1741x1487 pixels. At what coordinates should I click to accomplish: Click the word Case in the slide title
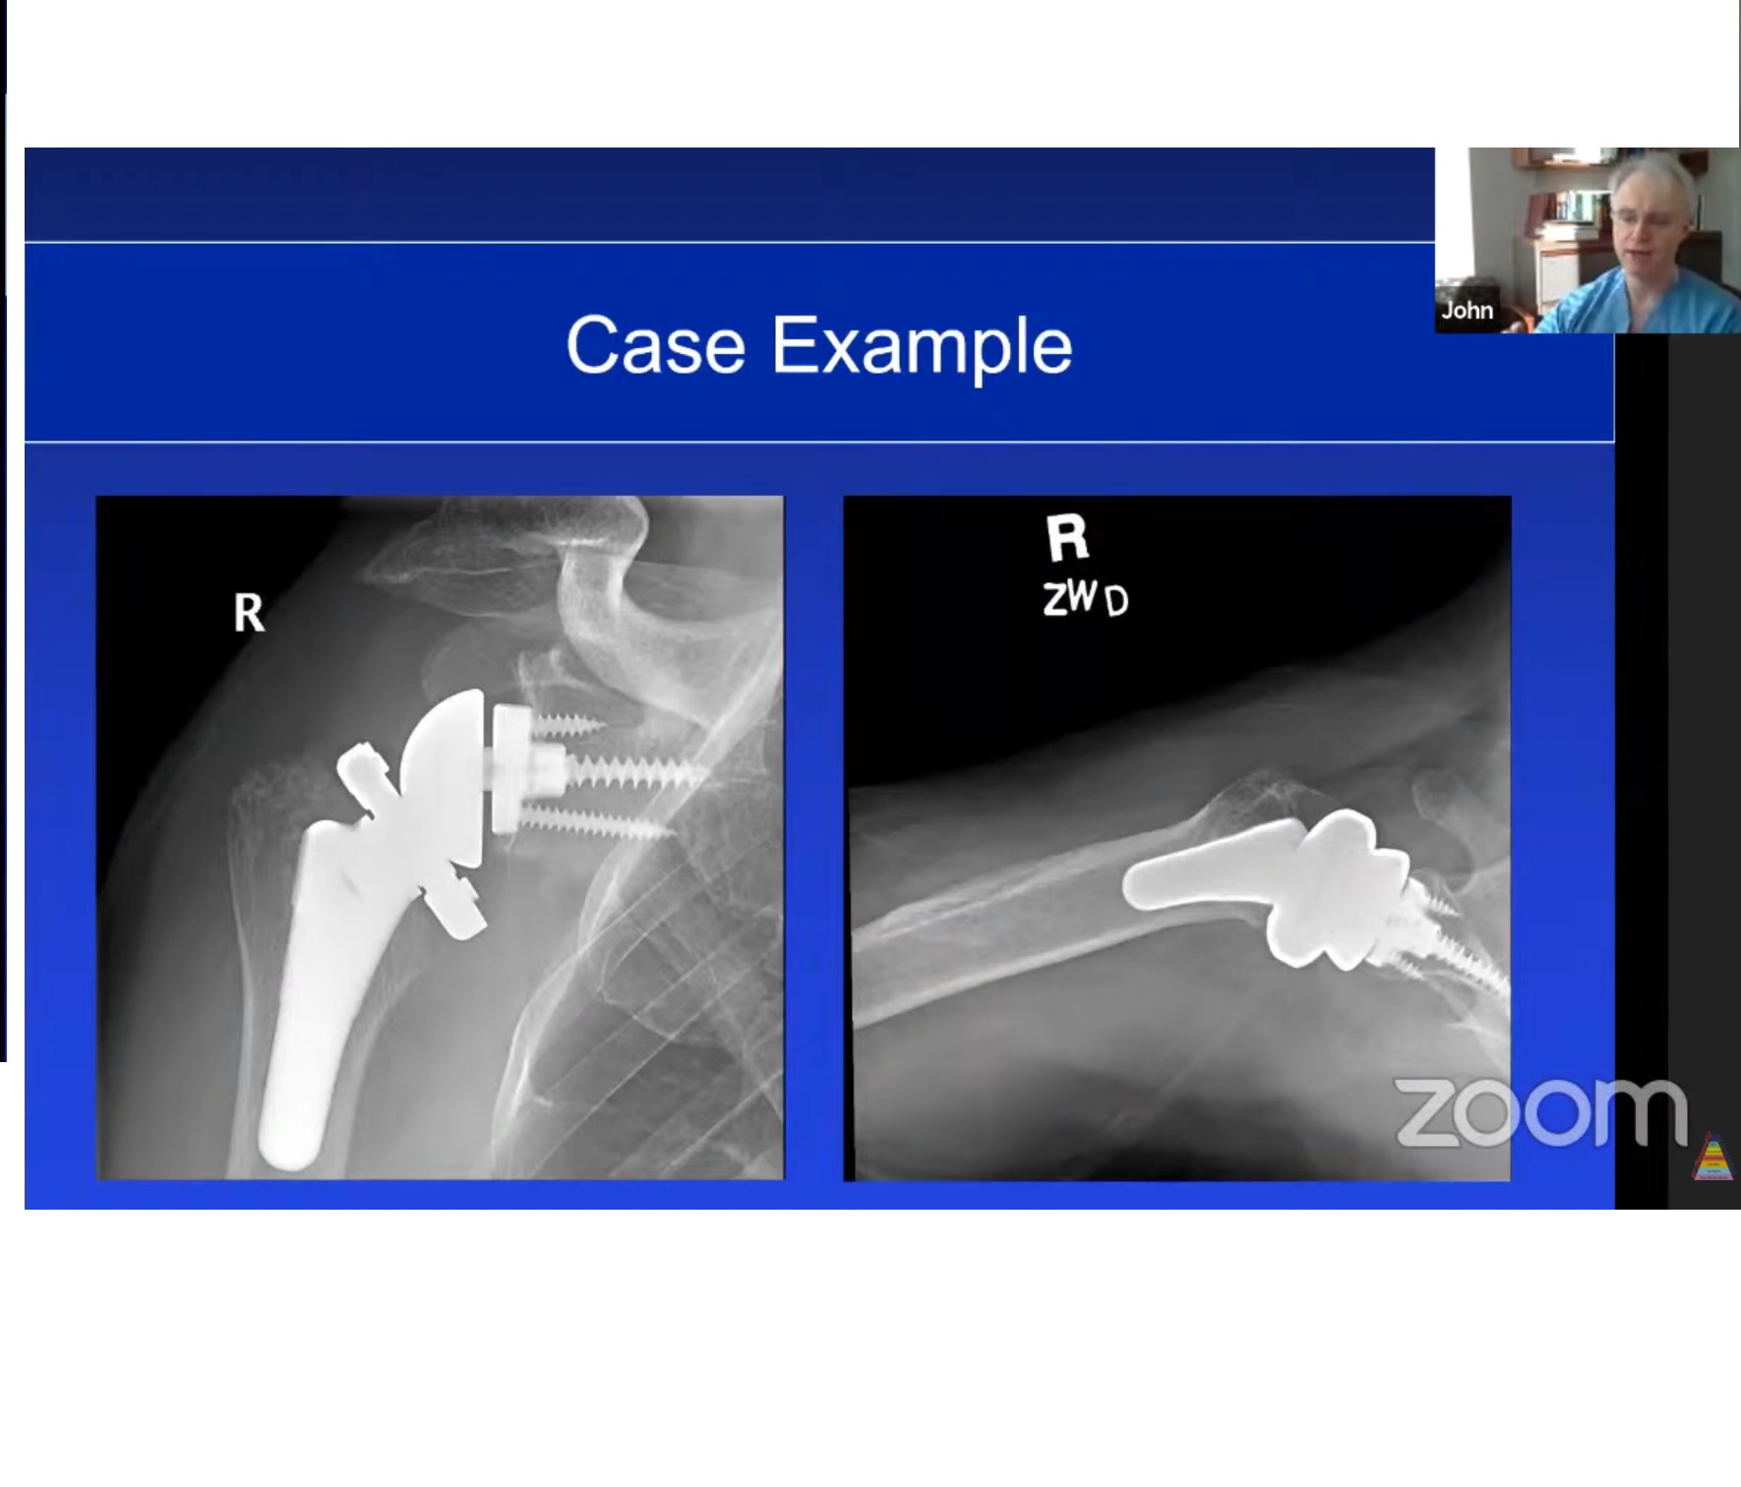pos(655,345)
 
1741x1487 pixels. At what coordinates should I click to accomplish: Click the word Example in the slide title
pos(922,347)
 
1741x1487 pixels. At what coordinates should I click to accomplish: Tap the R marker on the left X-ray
pos(249,613)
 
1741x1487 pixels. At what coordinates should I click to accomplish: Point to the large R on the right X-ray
pos(1067,537)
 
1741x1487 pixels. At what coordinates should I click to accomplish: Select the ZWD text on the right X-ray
pos(1085,598)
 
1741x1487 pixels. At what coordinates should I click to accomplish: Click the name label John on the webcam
pos(1467,311)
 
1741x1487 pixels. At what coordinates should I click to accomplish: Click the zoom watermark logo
pos(1540,1111)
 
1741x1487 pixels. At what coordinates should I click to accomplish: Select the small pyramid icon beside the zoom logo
pos(1712,1158)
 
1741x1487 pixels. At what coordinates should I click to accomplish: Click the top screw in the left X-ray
pos(566,726)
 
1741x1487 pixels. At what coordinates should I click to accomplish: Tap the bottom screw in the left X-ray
pos(600,824)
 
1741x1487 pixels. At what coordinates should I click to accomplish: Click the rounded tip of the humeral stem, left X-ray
pos(292,1146)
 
